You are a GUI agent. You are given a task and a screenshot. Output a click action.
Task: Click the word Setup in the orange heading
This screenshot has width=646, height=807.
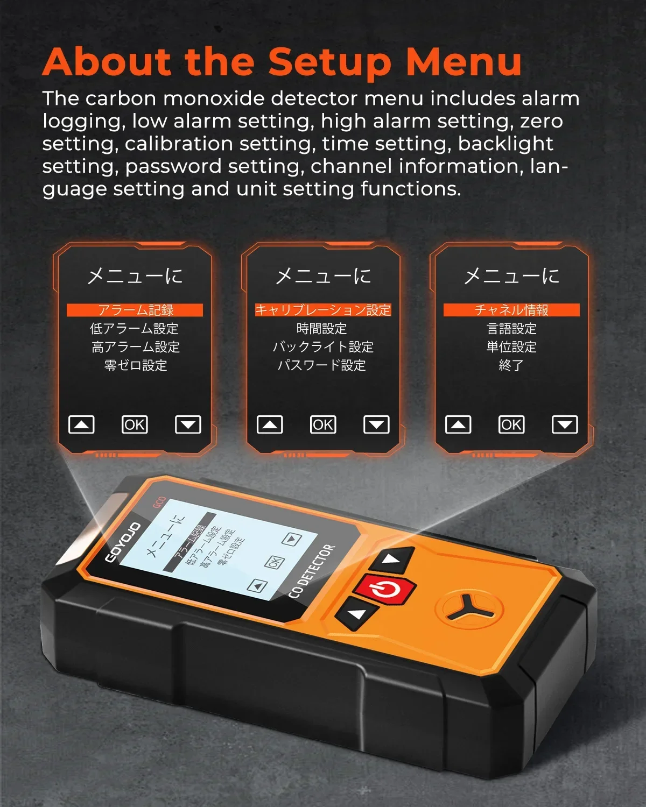pos(329,62)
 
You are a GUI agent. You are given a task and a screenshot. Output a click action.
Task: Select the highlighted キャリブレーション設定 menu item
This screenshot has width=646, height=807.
pos(323,310)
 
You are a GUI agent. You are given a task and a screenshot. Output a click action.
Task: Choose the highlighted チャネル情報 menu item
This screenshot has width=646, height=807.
pos(511,310)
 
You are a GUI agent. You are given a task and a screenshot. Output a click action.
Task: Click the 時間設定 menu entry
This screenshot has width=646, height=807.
pos(322,329)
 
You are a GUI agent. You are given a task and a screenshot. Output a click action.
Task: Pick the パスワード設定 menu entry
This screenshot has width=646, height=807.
pos(322,365)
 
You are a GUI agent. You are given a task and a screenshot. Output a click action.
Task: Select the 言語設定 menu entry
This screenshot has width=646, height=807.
pos(511,329)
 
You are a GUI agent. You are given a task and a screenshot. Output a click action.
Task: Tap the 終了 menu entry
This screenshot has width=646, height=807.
pos(511,365)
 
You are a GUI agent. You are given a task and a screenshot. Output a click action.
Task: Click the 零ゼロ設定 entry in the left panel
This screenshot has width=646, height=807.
pos(136,365)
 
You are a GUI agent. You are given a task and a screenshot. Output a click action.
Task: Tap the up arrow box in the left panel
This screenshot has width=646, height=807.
pos(81,424)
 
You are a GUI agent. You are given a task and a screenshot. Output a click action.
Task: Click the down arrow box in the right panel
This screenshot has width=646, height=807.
pos(565,424)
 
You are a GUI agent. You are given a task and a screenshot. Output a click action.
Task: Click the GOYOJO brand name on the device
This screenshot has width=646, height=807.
pos(123,543)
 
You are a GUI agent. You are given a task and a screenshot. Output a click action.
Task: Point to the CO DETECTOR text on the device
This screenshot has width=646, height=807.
pos(311,572)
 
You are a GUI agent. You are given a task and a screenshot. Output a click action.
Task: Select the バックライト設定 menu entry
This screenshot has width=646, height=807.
pos(323,347)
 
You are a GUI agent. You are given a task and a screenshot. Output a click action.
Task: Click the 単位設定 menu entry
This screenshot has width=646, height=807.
pos(511,347)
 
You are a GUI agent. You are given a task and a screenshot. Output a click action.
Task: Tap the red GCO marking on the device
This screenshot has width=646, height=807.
pos(159,502)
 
